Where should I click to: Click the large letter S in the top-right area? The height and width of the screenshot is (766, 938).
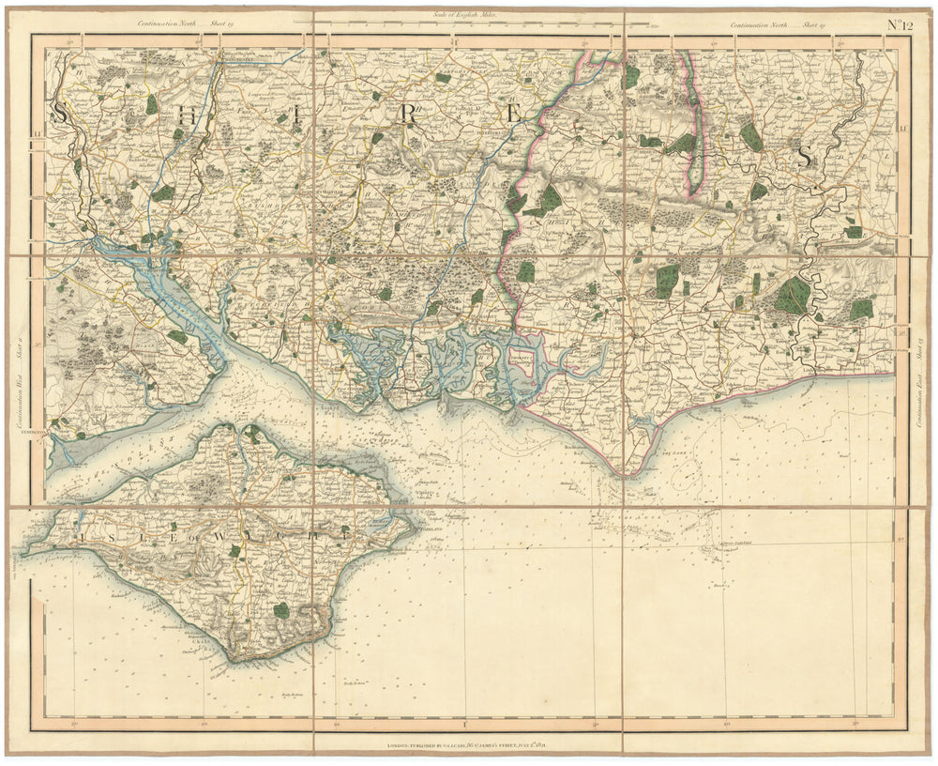point(804,157)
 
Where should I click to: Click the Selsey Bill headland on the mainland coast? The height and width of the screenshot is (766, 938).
point(624,475)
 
